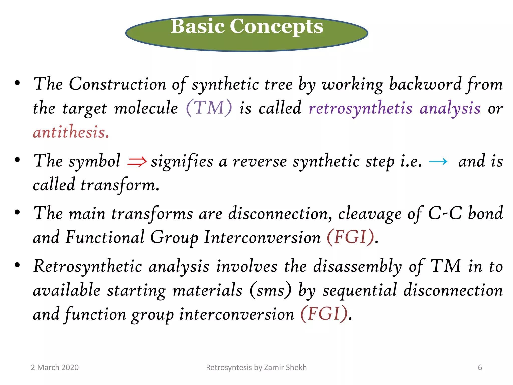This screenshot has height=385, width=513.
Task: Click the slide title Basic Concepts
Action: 247,26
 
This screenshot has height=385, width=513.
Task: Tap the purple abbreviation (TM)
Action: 209,108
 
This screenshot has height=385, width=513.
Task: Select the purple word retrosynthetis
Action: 360,108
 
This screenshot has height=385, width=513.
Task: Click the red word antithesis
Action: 71,132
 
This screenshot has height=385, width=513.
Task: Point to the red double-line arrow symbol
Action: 137,161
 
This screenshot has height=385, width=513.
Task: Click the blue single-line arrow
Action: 438,161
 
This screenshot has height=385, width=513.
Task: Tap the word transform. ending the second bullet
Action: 120,185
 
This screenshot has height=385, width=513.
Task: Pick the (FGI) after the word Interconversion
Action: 350,237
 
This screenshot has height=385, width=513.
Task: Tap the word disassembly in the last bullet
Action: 357,266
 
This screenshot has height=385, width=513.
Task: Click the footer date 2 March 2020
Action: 55,367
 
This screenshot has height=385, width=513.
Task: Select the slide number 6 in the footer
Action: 480,367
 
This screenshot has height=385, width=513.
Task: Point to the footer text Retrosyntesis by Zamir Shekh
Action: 256,367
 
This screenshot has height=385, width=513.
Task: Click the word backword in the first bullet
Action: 425,84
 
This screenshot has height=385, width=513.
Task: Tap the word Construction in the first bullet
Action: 117,84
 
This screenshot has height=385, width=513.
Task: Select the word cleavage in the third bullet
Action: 370,214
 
